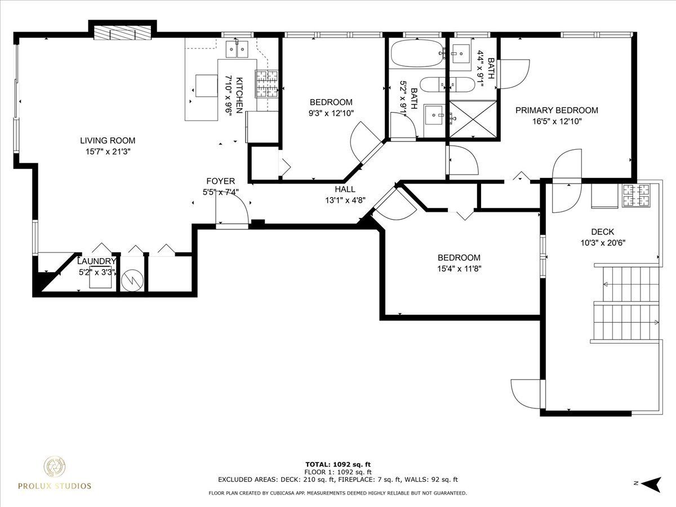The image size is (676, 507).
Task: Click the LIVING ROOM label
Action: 108,141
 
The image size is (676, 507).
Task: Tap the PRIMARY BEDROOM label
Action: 557,110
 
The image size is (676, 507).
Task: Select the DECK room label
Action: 602,232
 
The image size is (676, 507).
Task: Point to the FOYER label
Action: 220,181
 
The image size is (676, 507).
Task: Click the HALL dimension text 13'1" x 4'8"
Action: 345,201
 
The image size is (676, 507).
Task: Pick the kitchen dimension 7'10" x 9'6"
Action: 229,95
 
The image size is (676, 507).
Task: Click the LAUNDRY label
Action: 96,261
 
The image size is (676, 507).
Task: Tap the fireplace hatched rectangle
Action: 123,33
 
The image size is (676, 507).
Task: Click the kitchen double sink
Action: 237,49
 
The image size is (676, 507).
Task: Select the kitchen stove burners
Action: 266,84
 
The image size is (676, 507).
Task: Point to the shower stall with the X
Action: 473,119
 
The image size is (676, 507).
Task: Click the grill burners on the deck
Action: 636,195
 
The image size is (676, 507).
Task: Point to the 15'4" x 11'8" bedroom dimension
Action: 459,269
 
